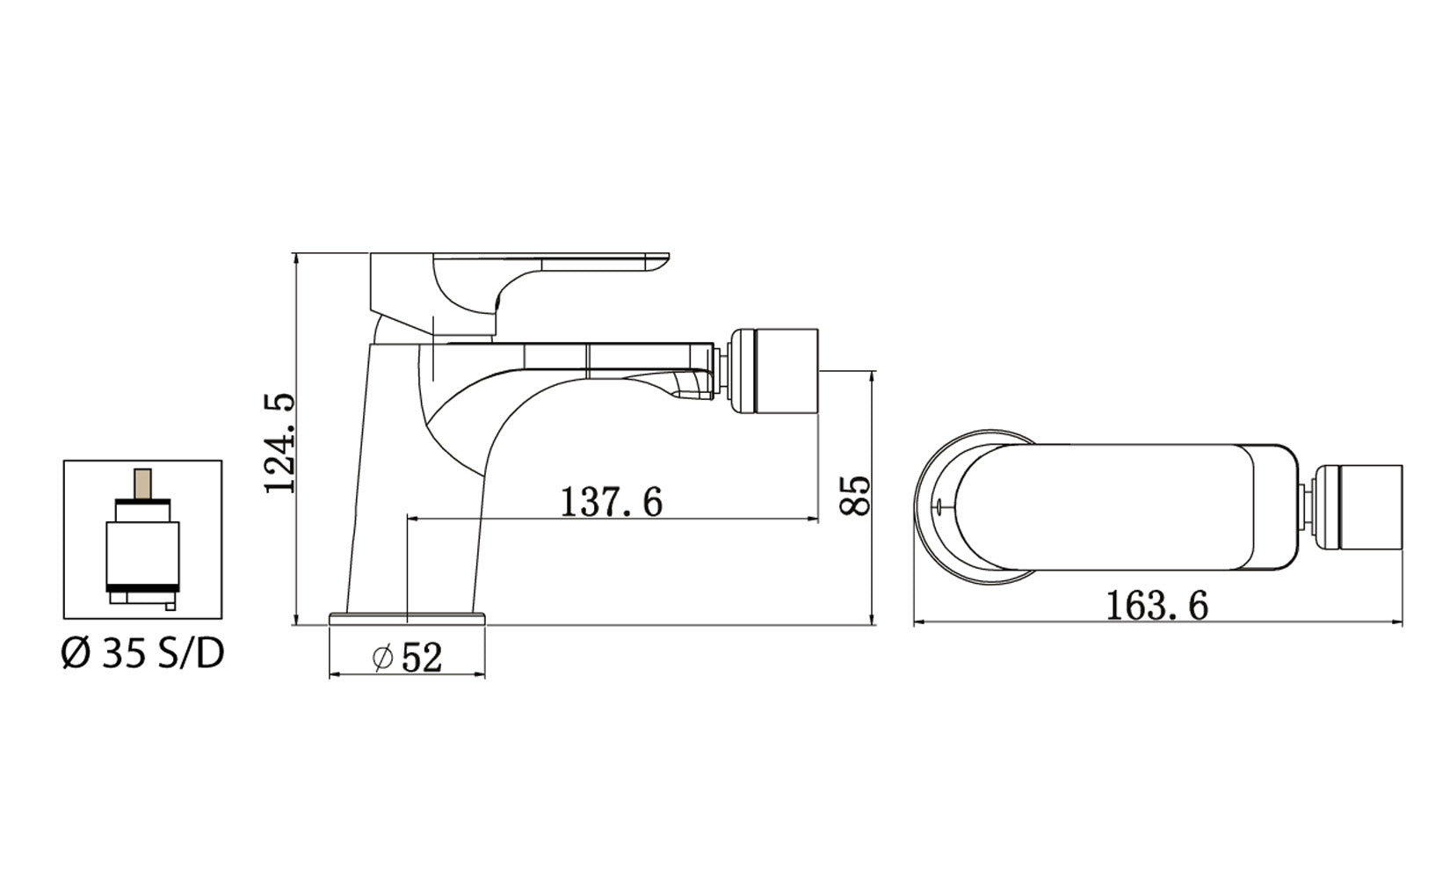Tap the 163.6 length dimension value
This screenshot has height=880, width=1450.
(1156, 606)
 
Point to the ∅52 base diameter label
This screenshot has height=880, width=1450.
(408, 658)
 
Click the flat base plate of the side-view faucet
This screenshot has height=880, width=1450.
(407, 618)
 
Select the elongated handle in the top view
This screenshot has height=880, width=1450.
(1125, 505)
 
